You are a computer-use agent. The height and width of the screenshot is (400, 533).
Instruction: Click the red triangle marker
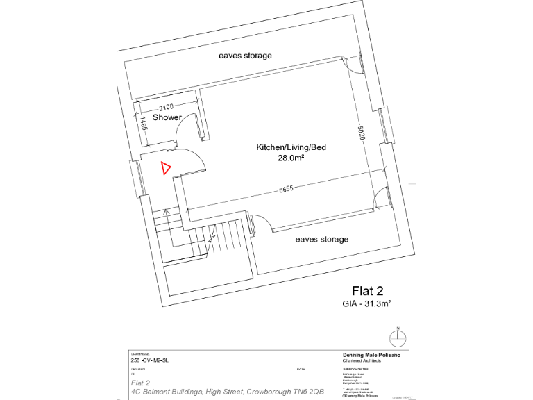(x=165, y=168)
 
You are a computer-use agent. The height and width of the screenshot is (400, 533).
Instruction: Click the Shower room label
(x=167, y=117)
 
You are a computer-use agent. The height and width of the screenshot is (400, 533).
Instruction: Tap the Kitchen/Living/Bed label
(x=291, y=148)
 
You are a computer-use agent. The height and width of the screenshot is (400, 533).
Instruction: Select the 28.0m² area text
(x=291, y=158)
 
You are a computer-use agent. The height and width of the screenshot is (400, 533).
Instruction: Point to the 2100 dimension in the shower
(x=166, y=108)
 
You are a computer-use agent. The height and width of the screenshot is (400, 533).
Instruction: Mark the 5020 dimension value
(x=361, y=133)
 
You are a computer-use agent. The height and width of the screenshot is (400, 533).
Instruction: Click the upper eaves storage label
(x=245, y=56)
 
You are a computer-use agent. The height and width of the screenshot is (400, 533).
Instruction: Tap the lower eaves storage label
(x=321, y=240)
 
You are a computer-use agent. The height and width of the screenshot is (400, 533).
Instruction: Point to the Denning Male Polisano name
(x=375, y=354)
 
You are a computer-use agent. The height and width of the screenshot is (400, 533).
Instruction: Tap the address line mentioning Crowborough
(x=226, y=392)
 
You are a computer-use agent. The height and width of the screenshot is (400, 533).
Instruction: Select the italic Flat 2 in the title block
(x=141, y=383)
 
